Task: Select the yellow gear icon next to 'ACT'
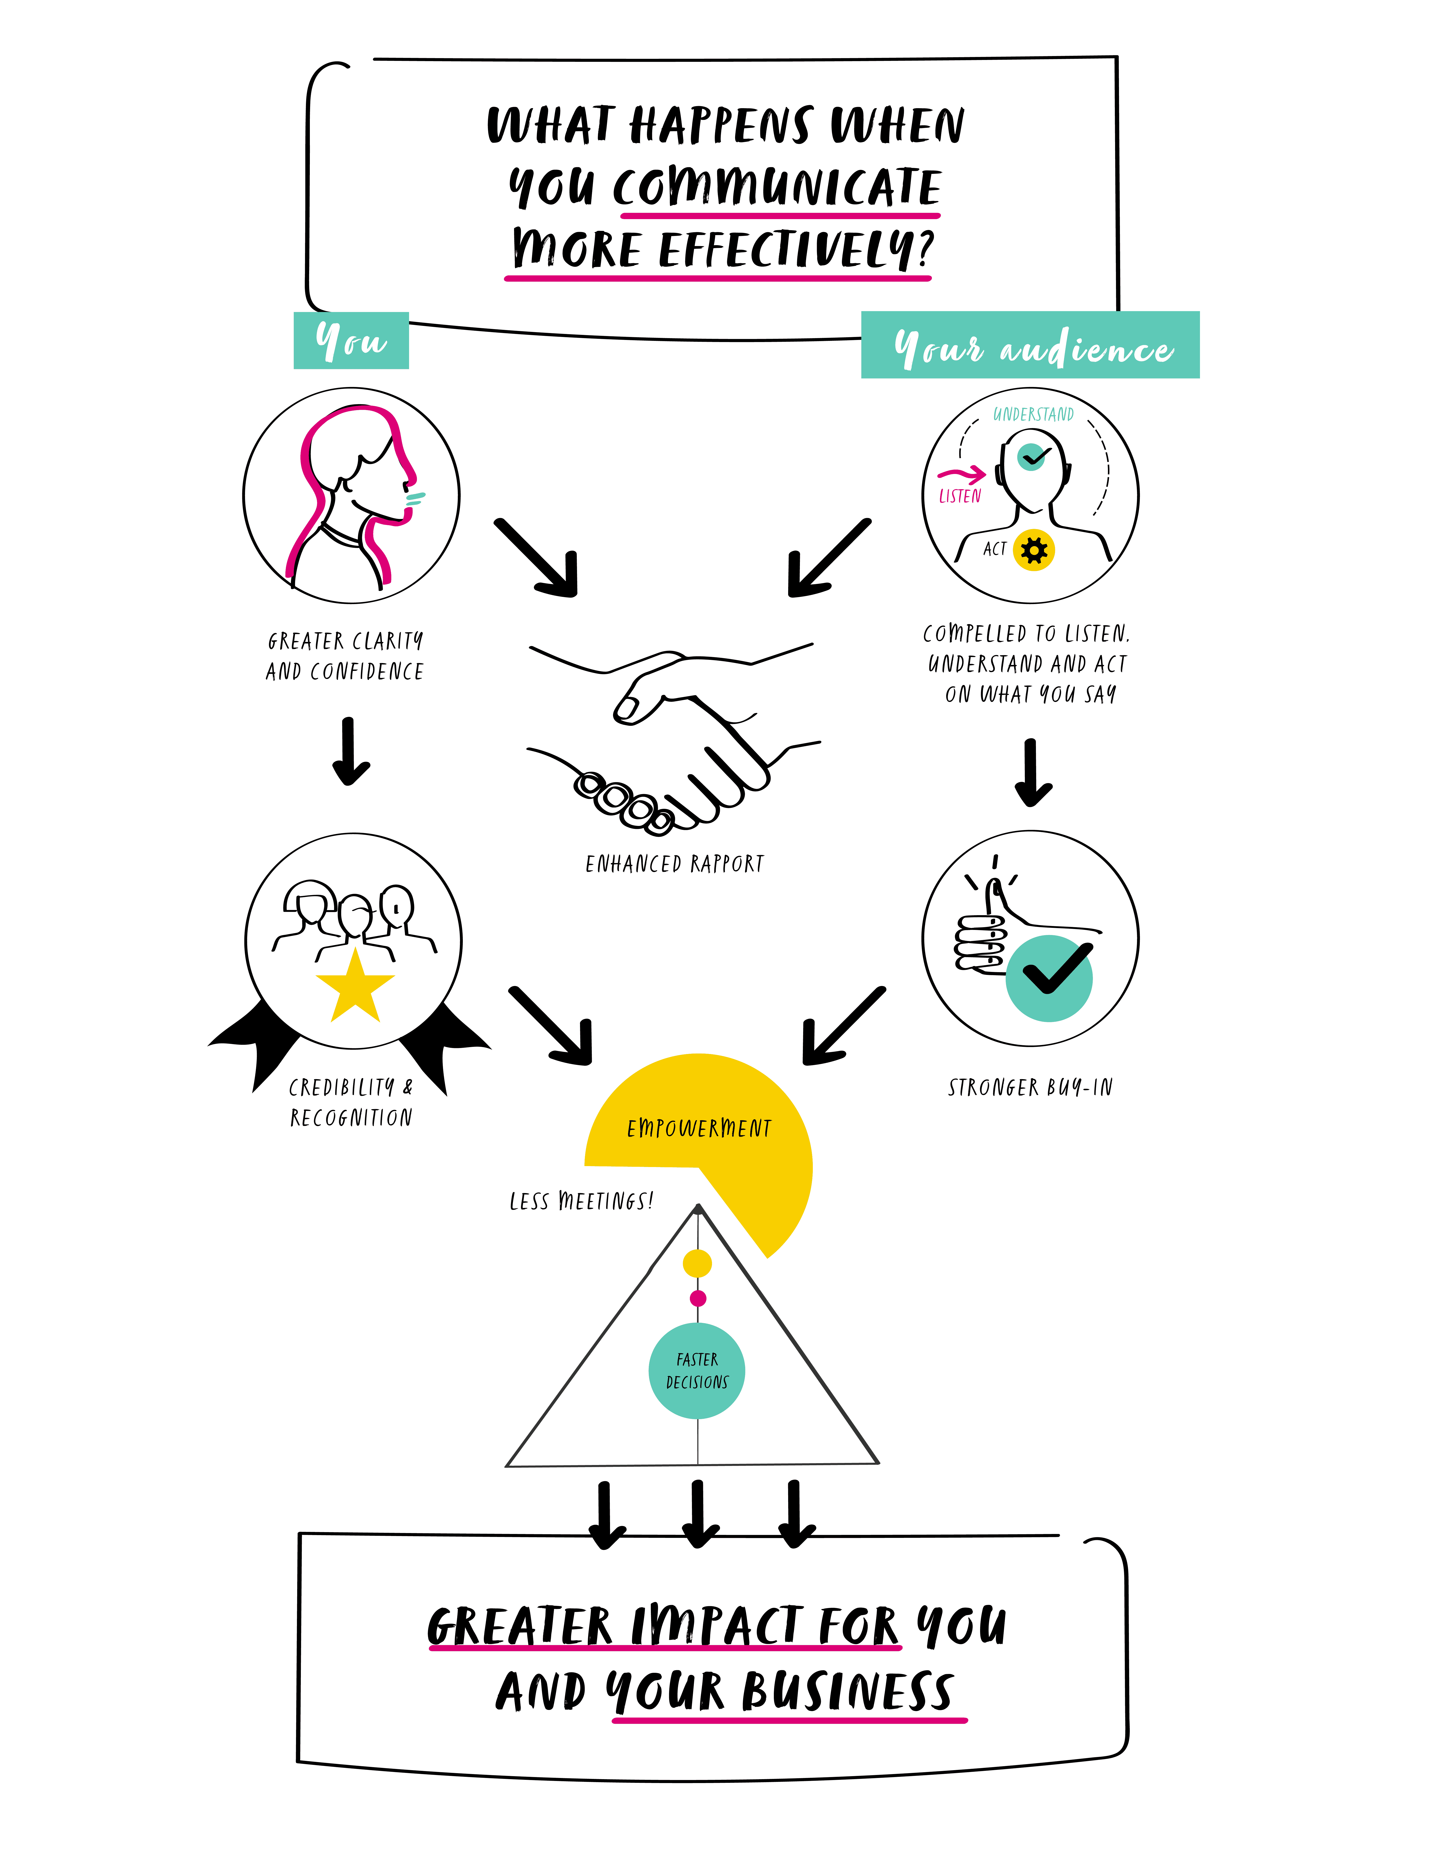[x=1034, y=550]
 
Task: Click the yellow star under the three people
[x=355, y=987]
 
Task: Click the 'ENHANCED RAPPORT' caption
[x=674, y=864]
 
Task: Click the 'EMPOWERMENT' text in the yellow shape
[x=699, y=1129]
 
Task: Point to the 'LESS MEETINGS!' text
[x=581, y=1201]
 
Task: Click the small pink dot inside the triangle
[x=698, y=1298]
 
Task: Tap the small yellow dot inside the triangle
[x=697, y=1262]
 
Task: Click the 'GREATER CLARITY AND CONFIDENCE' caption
[x=345, y=656]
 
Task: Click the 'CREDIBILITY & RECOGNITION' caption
[x=351, y=1102]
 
